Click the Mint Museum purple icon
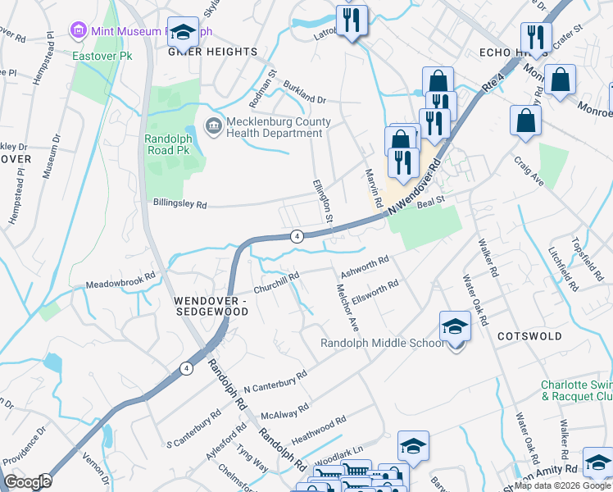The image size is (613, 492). click(79, 31)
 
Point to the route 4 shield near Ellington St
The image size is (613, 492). click(297, 236)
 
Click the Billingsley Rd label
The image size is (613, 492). click(179, 203)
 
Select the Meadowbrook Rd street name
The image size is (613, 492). click(120, 281)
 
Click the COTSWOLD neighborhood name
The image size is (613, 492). click(529, 336)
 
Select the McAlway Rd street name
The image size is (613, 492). click(284, 410)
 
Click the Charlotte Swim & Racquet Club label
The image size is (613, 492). click(576, 390)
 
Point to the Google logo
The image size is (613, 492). click(28, 482)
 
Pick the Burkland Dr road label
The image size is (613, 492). click(304, 92)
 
